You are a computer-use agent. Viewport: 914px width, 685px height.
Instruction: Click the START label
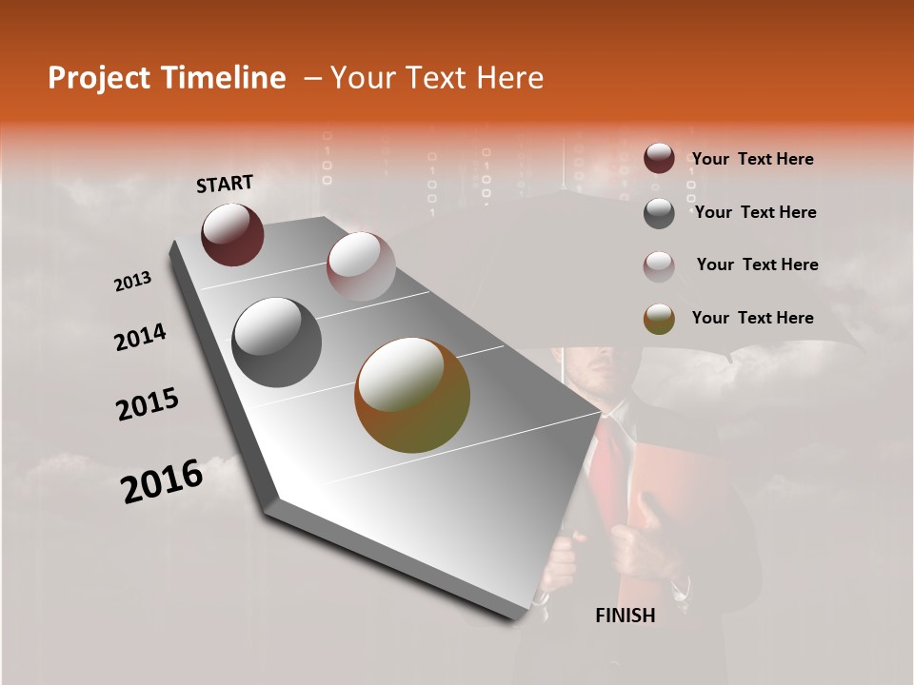click(225, 184)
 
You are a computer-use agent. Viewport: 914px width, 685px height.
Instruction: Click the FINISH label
click(626, 616)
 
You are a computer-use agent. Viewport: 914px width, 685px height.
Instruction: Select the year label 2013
click(132, 282)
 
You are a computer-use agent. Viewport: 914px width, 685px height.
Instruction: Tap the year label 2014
click(140, 338)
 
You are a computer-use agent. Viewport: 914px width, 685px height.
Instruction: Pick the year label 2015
click(148, 404)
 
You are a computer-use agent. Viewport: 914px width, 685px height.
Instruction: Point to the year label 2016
click(162, 481)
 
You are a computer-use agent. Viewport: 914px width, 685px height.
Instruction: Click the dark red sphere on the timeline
click(232, 234)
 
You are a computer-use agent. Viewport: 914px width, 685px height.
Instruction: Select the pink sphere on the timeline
click(361, 265)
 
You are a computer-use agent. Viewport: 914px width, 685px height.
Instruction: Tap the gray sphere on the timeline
click(276, 342)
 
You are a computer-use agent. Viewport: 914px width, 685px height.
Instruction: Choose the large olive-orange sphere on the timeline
click(412, 395)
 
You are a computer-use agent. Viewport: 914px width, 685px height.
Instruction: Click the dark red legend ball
click(659, 159)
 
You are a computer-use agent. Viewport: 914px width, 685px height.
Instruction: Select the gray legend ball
click(659, 213)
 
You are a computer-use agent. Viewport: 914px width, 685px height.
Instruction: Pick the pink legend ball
click(659, 266)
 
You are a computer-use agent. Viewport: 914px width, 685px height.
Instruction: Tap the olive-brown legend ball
click(659, 320)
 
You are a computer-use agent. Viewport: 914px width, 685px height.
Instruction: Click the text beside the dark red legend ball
click(752, 159)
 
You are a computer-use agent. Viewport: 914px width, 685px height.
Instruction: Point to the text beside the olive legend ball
click(752, 318)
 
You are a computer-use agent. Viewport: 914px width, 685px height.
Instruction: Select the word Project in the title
click(98, 78)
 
